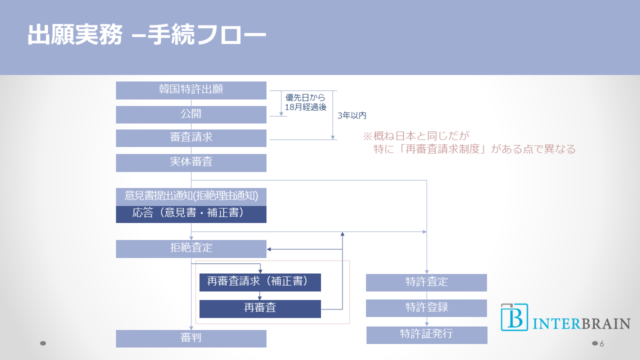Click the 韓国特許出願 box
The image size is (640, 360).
[191, 90]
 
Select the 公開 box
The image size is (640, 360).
[191, 114]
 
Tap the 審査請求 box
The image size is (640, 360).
[191, 138]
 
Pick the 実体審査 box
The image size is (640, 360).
[191, 162]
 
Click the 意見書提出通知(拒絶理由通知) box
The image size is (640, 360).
[191, 196]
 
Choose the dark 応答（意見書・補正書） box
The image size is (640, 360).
[191, 214]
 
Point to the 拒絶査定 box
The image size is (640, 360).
[191, 248]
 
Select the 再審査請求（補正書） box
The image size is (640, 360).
[260, 282]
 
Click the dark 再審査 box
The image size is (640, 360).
[260, 308]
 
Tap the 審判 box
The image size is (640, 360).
[191, 338]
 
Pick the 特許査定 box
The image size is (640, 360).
[426, 282]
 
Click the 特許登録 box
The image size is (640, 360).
[426, 308]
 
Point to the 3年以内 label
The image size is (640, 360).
[352, 115]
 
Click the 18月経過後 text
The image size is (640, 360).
[305, 107]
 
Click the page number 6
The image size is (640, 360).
[602, 343]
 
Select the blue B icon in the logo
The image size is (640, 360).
[514, 317]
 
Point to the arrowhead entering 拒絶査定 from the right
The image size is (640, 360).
[269, 249]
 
